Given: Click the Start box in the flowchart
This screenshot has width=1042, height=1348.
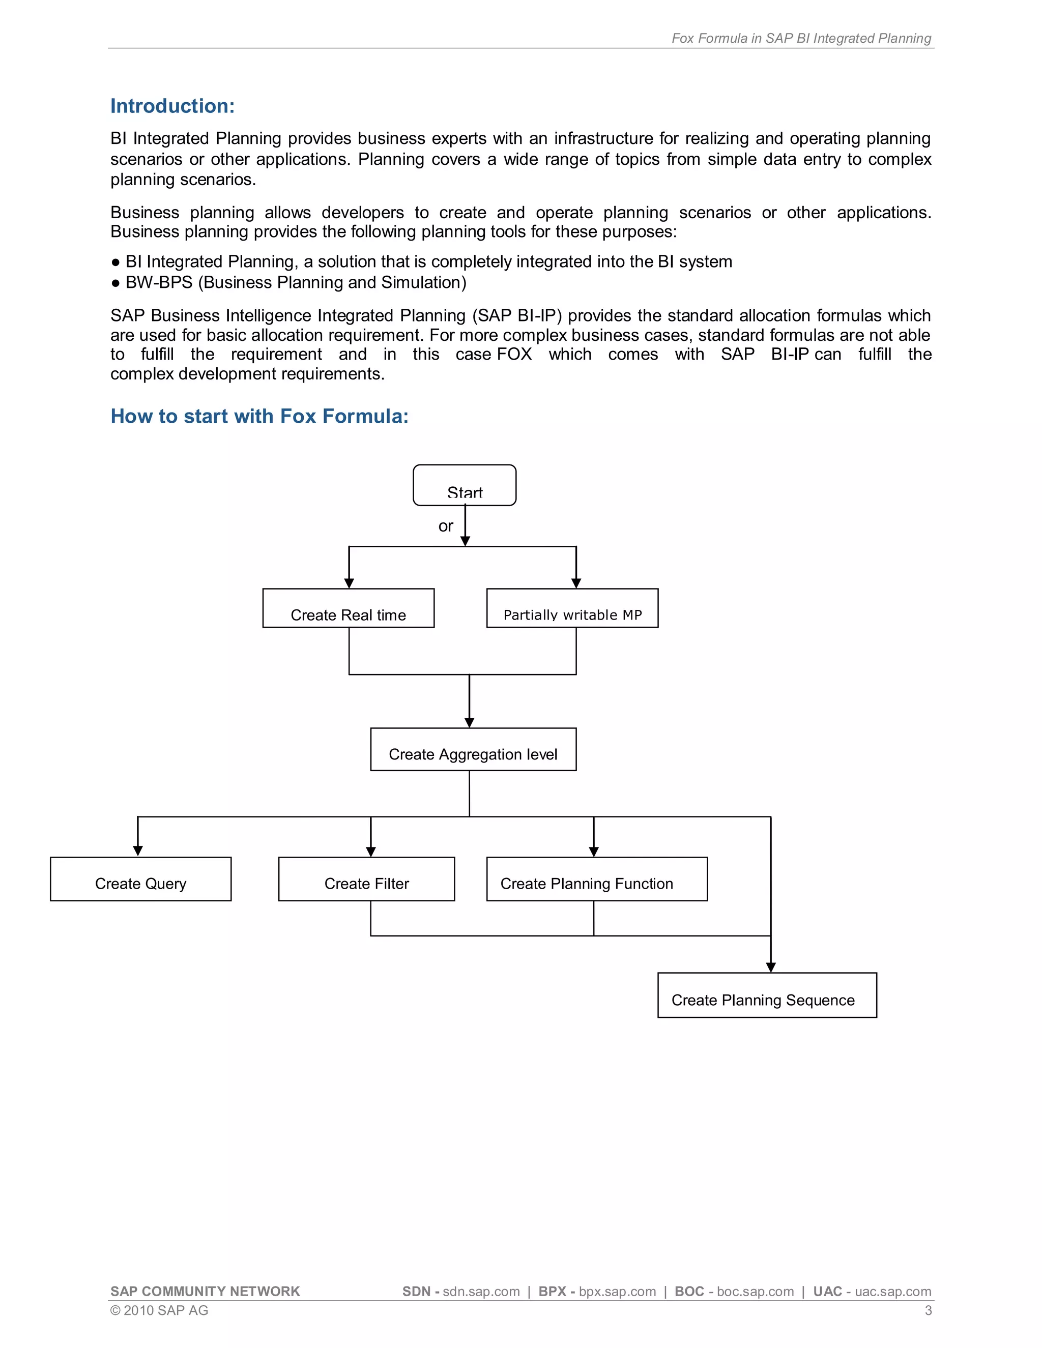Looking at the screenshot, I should click(464, 486).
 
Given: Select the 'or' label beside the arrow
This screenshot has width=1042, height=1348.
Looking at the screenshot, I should click(445, 526).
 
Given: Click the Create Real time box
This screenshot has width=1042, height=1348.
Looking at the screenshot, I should click(348, 608).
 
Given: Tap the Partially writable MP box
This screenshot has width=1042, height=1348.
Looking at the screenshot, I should click(572, 608).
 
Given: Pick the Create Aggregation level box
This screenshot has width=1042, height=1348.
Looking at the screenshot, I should click(473, 749).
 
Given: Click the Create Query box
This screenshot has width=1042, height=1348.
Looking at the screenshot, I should click(141, 879).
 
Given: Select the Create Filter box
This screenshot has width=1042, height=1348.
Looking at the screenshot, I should click(367, 879).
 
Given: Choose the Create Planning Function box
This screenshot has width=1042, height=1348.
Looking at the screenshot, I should click(596, 879).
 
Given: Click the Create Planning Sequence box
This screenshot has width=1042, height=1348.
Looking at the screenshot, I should click(767, 995).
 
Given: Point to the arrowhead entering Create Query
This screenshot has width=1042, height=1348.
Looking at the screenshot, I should click(138, 851).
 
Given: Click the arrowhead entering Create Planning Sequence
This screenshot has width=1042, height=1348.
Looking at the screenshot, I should click(770, 966).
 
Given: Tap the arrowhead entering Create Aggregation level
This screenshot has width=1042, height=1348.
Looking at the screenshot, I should click(469, 722).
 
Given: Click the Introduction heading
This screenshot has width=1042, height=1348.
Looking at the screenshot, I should click(172, 106).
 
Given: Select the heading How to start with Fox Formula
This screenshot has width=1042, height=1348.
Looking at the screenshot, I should click(259, 417).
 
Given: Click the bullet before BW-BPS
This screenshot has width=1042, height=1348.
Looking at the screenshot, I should click(115, 283).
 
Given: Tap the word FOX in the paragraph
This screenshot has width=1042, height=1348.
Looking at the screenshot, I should click(514, 354).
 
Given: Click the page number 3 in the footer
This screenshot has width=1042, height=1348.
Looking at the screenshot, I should click(928, 1310).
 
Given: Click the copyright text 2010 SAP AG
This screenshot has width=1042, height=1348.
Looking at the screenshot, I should click(159, 1310).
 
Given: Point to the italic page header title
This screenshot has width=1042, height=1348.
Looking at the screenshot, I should click(801, 38).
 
